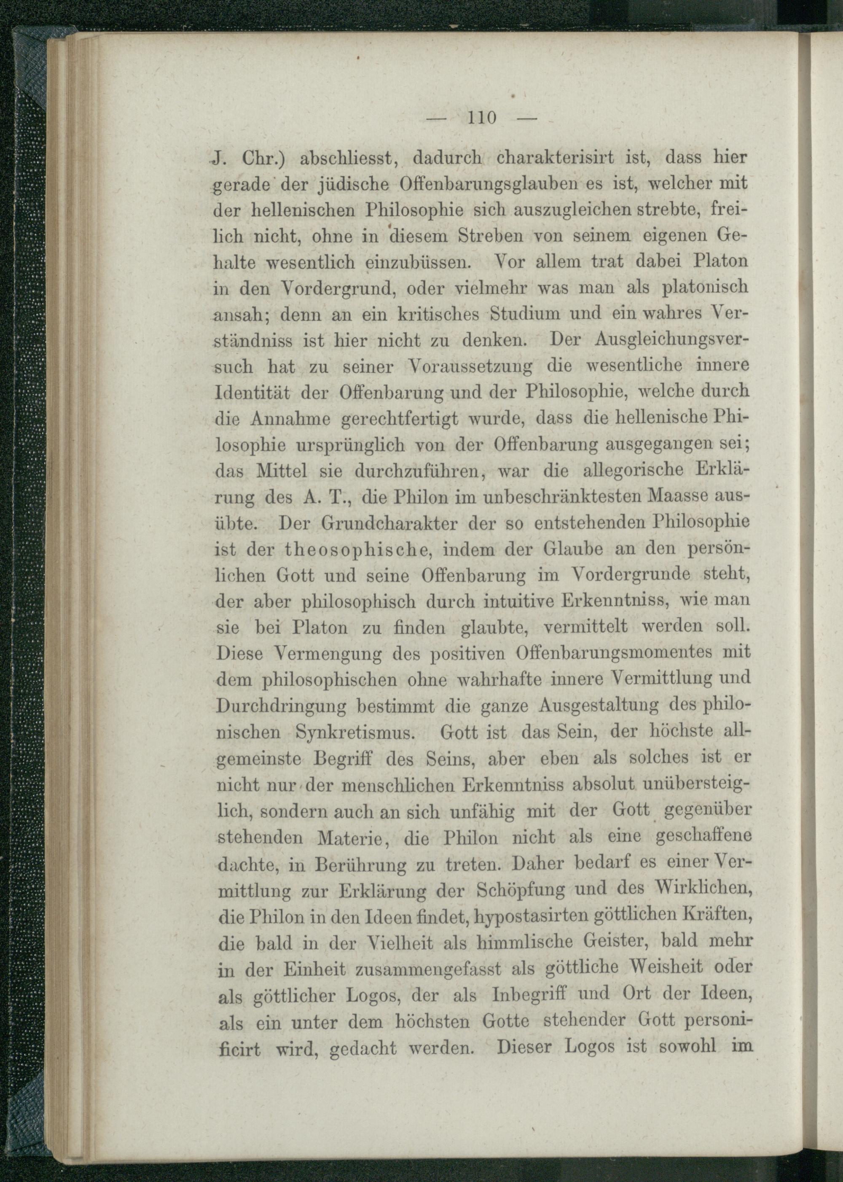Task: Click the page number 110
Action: pos(482,118)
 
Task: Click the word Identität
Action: pos(253,393)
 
